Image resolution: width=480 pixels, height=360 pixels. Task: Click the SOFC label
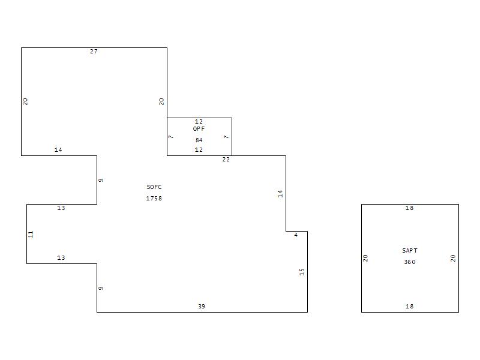coord(154,187)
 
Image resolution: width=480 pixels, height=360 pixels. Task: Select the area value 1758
coord(154,199)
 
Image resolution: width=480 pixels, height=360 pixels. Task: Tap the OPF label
coord(199,129)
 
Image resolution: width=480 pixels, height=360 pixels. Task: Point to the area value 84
coord(199,140)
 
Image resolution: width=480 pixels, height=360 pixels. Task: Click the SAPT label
coord(410,251)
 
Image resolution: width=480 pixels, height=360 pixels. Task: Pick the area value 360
coord(410,262)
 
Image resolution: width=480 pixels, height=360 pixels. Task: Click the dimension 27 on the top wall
coord(94,52)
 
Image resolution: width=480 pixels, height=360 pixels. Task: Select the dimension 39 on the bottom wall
coord(202,307)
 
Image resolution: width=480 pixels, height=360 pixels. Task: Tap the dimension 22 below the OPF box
coord(226,160)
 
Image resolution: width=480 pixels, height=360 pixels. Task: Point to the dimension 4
coord(296,235)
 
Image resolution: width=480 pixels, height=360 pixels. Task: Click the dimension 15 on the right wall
coord(302,272)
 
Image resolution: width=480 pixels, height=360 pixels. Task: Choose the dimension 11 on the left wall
coord(31,234)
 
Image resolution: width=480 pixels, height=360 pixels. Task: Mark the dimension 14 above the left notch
coord(58,149)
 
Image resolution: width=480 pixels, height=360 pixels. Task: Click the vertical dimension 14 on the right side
coord(280,193)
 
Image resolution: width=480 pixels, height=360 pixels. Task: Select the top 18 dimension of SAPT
coord(410,208)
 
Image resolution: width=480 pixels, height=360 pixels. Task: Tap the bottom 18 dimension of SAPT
coord(410,307)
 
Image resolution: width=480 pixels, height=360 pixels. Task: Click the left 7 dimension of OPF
coord(171,137)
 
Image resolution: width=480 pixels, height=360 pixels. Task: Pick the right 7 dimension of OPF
coord(226,137)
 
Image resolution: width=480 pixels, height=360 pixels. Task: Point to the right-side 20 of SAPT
coord(453,258)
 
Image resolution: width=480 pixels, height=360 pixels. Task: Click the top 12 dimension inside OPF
coord(199,122)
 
